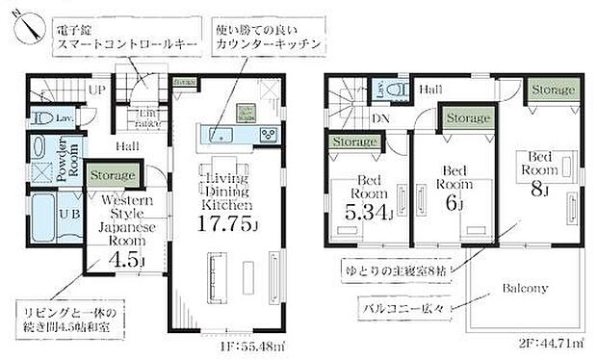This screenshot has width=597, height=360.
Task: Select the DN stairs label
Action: coord(380,118)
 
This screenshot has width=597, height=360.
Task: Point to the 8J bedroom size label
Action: coord(537,190)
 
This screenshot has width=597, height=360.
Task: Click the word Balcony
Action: coord(523,288)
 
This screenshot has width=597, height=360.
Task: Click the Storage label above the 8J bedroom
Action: coord(553,89)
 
